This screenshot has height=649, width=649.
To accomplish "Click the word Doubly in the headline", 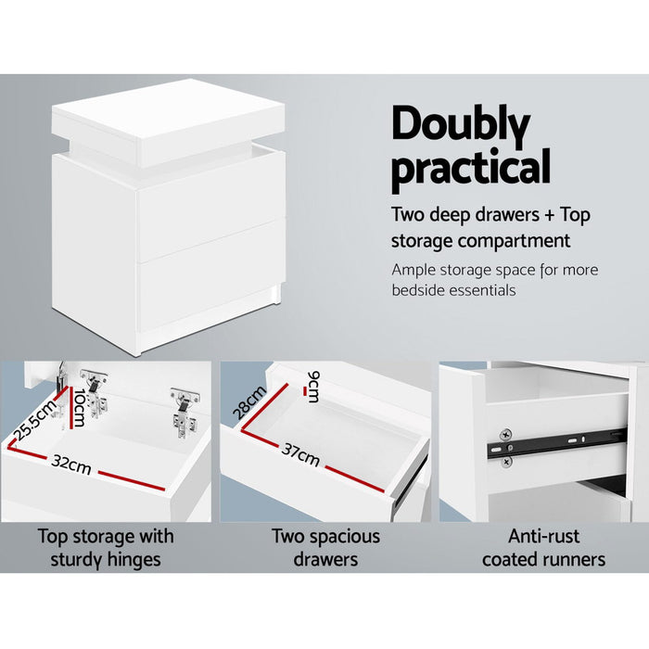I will (461, 123).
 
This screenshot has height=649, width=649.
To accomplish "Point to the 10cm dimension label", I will (80, 407).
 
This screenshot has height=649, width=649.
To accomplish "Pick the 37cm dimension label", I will (302, 455).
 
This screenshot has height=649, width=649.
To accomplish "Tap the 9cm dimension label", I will (312, 386).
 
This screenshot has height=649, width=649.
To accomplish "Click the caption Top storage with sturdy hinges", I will (105, 547).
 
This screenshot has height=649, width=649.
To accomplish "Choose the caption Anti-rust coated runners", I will (543, 547).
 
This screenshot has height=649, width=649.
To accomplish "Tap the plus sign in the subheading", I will (551, 215).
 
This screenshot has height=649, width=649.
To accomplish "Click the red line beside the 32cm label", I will (130, 479).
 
